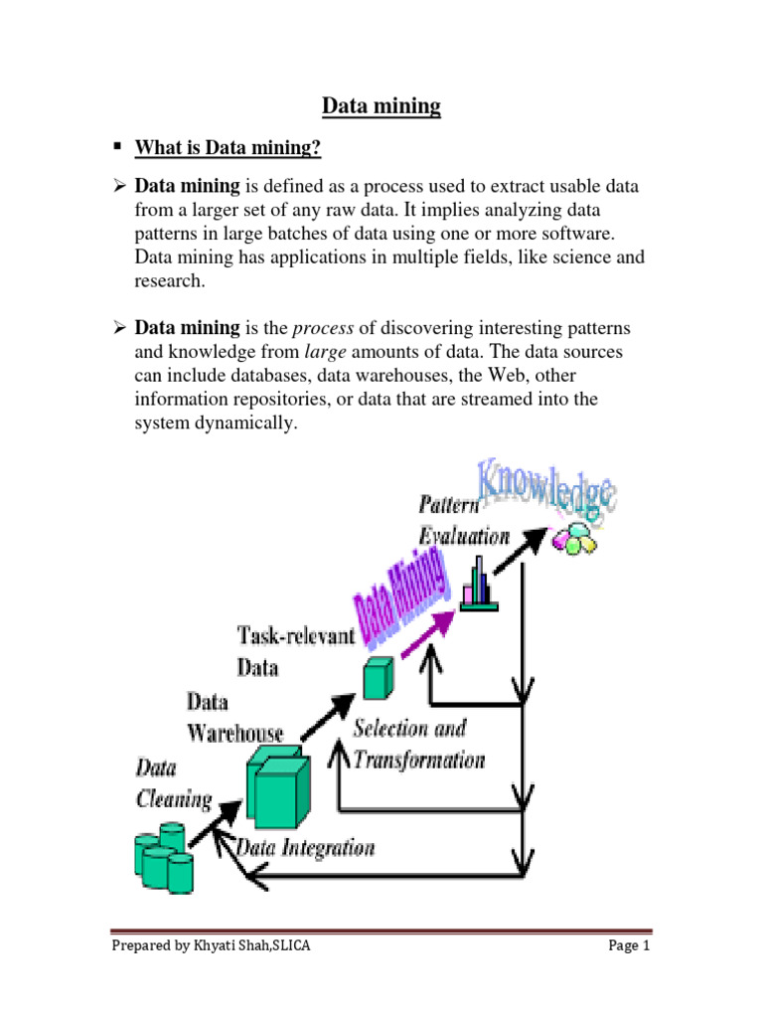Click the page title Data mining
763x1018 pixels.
point(381,106)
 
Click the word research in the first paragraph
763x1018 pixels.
point(169,280)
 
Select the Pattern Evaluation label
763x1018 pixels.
point(464,520)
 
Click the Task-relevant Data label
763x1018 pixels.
point(296,650)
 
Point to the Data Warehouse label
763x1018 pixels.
point(235,718)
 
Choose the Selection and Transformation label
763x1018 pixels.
point(418,745)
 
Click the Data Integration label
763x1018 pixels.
point(307,848)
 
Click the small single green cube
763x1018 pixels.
point(374,678)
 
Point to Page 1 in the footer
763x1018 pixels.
point(628,946)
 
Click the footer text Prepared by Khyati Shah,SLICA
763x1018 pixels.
point(211,946)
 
